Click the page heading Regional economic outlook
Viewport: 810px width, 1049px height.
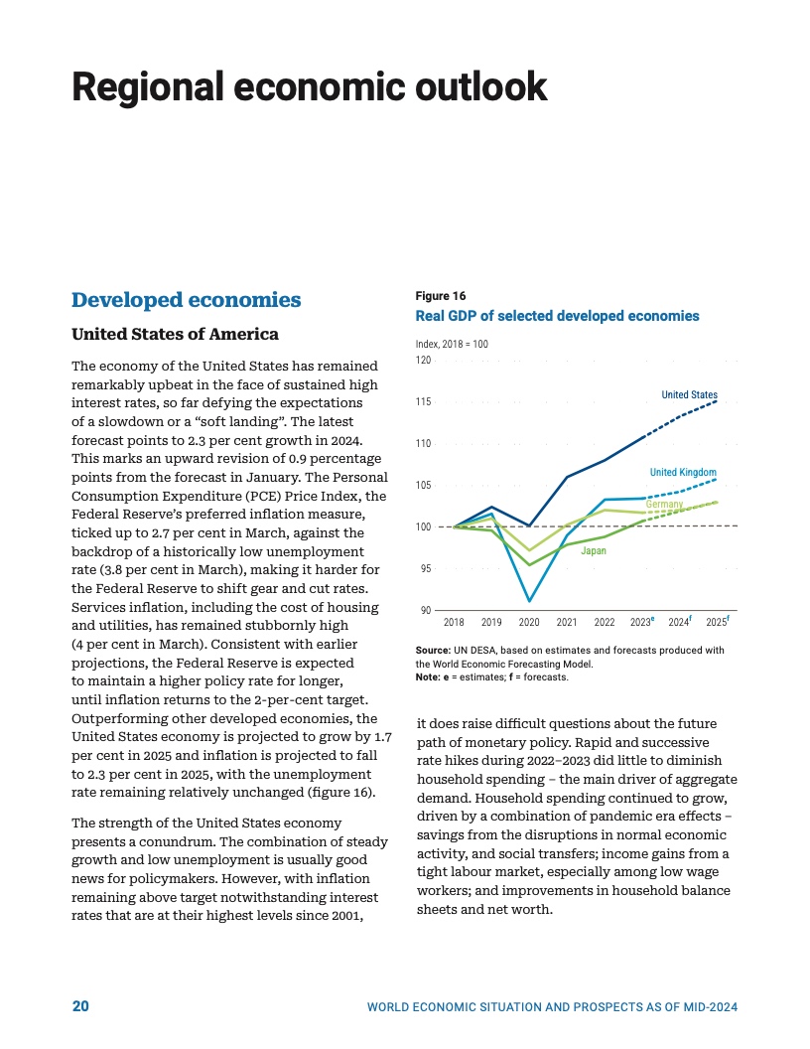point(309,86)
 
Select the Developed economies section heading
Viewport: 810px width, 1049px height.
point(187,300)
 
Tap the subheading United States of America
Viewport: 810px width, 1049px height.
point(175,333)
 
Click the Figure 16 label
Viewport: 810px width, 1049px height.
point(440,296)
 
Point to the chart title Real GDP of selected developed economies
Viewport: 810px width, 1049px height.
point(557,316)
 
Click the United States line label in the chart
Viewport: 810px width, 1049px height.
point(689,395)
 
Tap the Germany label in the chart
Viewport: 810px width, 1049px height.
point(664,506)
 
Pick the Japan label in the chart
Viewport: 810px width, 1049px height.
point(594,549)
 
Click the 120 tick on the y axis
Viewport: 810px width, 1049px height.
point(424,360)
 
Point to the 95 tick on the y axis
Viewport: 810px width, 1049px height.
point(425,569)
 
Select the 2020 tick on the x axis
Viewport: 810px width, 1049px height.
point(529,623)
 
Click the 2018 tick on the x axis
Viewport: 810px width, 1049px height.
point(454,623)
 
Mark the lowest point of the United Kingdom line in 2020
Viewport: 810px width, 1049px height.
point(529,601)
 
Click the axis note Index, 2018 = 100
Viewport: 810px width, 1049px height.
point(452,344)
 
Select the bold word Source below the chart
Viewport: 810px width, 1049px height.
point(433,650)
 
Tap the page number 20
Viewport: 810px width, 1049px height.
point(80,1006)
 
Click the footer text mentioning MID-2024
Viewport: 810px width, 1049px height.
point(552,1007)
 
